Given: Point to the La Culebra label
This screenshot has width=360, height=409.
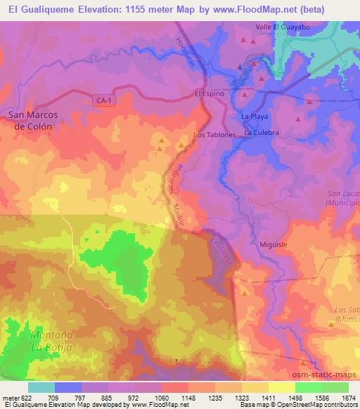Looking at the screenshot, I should coord(262,132).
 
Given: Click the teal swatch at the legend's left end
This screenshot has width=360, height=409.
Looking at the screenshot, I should coord(41,387).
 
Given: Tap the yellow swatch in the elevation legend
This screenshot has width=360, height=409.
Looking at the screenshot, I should coord(281,387).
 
